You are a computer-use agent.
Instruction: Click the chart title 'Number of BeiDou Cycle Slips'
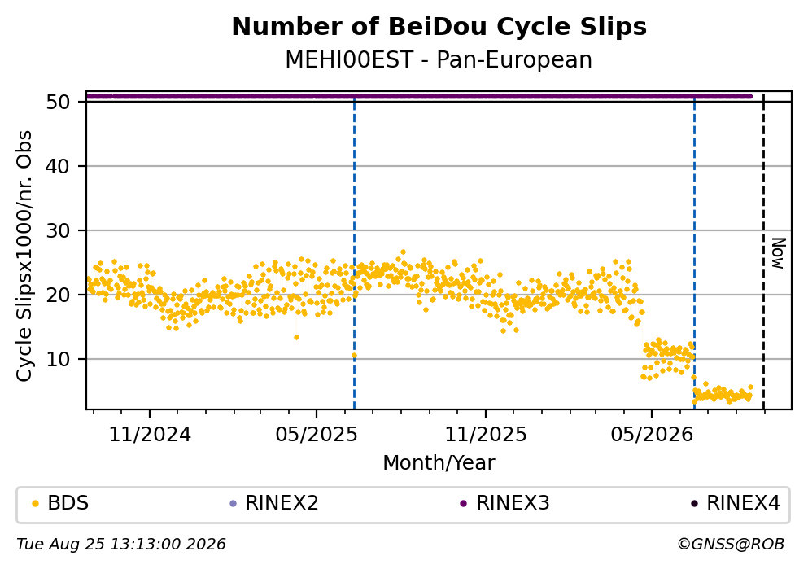439,27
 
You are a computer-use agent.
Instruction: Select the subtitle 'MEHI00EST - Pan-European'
439,59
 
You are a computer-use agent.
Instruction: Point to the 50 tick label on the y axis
58,102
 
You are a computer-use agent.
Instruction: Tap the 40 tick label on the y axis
58,167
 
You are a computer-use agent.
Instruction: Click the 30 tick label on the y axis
58,231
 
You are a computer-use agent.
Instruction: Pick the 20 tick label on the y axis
58,295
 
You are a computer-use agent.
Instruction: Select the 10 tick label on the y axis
58,359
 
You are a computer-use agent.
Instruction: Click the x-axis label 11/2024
150,435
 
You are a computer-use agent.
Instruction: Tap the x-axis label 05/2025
316,435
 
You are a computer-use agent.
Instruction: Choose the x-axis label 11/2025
486,435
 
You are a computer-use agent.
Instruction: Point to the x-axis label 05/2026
651,435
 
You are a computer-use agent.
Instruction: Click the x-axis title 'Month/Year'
439,463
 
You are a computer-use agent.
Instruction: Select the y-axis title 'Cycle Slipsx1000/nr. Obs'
24,256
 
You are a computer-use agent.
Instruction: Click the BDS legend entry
60,502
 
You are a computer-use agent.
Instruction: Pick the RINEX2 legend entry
274,502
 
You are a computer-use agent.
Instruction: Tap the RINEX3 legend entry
505,502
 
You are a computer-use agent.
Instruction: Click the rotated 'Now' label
778,253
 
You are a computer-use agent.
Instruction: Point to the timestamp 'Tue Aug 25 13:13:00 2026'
121,545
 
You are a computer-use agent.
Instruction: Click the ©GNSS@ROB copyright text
731,545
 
